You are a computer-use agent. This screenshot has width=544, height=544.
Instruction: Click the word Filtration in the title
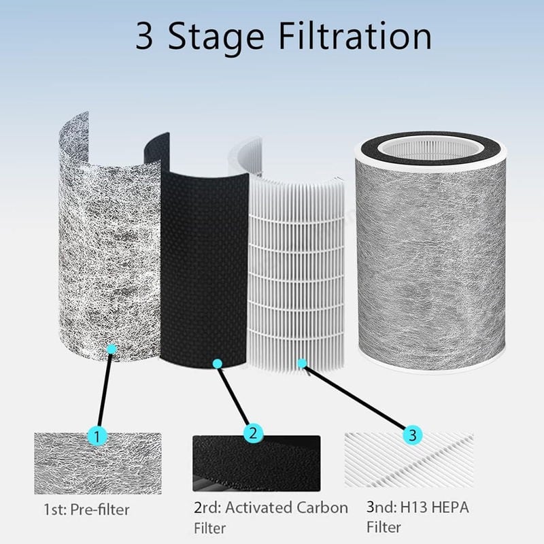(355, 37)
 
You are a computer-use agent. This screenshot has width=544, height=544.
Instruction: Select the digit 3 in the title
(143, 37)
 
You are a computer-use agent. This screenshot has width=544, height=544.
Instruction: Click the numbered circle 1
(97, 436)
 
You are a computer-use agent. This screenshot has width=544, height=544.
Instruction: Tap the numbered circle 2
(253, 434)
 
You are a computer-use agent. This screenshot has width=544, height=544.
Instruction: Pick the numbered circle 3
(413, 435)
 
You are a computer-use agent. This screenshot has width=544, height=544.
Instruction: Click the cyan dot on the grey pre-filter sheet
(112, 349)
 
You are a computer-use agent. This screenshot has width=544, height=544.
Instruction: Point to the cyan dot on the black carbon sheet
(217, 364)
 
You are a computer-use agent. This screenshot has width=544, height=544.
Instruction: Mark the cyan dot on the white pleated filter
(302, 363)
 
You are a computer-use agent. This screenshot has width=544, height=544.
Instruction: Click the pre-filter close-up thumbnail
(98, 463)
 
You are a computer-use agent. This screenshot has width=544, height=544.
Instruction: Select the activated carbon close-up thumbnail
(256, 463)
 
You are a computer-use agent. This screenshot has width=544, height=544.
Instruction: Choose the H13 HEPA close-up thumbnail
(409, 460)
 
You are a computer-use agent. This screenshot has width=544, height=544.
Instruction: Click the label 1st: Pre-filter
(86, 509)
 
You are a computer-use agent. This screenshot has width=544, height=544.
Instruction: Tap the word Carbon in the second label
(317, 507)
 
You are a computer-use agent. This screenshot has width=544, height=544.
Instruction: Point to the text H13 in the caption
(412, 507)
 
